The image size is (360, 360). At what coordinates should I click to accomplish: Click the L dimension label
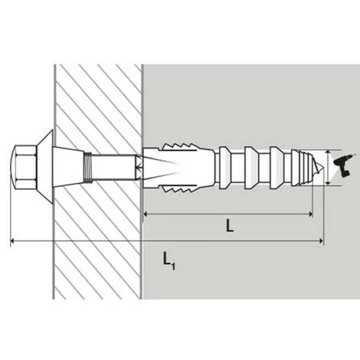pyautogui.click(x=230, y=226)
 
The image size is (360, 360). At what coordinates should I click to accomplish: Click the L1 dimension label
pyautogui.click(x=169, y=261)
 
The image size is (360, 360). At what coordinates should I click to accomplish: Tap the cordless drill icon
pyautogui.click(x=344, y=165)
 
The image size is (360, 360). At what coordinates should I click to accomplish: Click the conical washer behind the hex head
pyautogui.click(x=45, y=167)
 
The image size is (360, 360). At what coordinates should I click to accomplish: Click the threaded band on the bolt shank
pyautogui.click(x=87, y=167)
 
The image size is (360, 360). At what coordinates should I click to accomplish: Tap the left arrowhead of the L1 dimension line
pyautogui.click(x=12, y=241)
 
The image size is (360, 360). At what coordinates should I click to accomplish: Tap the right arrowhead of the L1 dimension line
pyautogui.click(x=321, y=241)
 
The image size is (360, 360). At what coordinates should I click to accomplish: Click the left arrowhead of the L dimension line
pyautogui.click(x=146, y=214)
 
